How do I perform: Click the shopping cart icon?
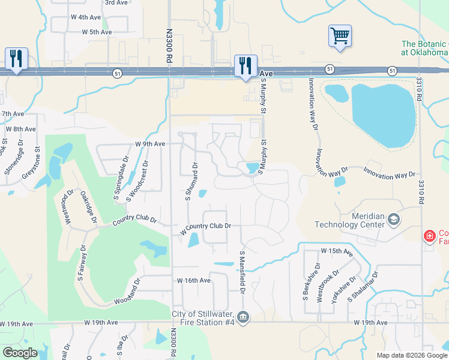(340, 35)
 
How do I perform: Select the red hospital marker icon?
(430, 236)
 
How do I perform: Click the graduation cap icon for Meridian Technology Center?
(394, 220)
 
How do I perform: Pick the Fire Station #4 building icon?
(243, 317)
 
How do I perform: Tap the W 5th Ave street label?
(97, 32)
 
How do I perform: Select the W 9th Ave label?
(150, 144)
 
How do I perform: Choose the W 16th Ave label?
(193, 280)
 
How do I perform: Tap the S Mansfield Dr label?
(243, 272)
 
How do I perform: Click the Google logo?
(20, 353)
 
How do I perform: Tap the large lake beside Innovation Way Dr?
(384, 114)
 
